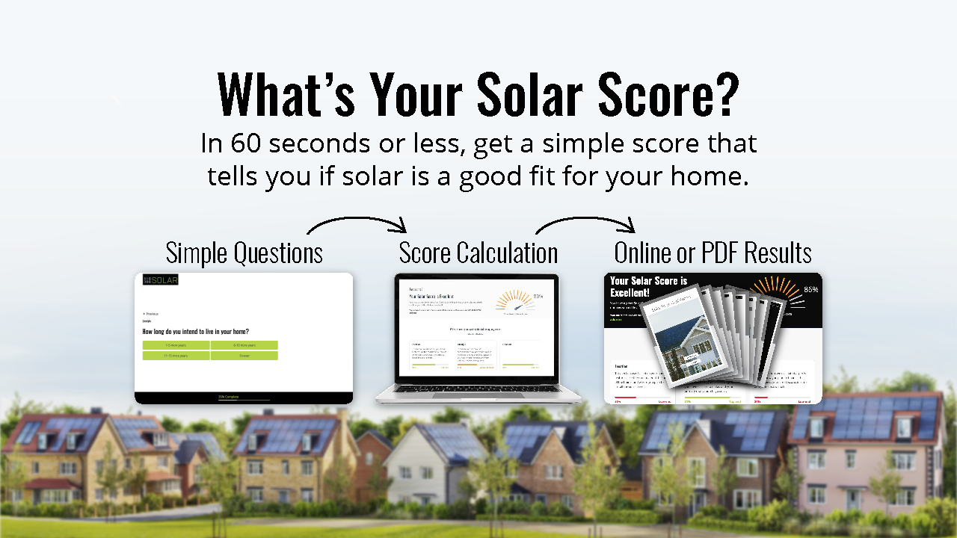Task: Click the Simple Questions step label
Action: coord(244,253)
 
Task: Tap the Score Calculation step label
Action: coord(478,253)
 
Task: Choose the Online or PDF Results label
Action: coord(713,253)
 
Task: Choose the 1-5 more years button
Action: coord(176,345)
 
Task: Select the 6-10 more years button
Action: coord(244,345)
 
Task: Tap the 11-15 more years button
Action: coord(176,356)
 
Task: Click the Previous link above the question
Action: coord(150,314)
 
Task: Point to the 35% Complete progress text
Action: coord(229,397)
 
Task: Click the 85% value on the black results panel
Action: coord(811,289)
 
